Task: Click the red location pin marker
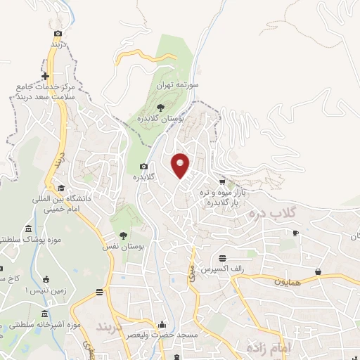click(181, 166)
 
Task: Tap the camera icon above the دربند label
click(58, 32)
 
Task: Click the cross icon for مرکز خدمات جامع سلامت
click(45, 76)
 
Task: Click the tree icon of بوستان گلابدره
click(161, 107)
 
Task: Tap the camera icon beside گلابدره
click(143, 167)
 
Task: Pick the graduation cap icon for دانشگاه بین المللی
click(61, 188)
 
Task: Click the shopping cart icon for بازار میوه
click(222, 181)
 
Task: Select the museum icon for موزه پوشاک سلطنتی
click(28, 229)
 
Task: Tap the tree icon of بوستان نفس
click(124, 236)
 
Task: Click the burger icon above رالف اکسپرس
click(222, 257)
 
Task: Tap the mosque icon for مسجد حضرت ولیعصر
click(163, 325)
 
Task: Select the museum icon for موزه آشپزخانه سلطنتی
click(45, 313)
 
